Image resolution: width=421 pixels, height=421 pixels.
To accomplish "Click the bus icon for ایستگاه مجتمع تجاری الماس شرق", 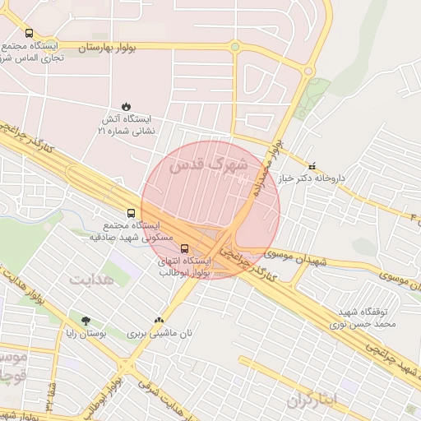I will point(30,34).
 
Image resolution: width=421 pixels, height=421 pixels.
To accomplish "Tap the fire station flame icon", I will point(125,105).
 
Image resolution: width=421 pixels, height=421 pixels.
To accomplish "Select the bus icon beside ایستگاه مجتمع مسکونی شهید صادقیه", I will point(121,211).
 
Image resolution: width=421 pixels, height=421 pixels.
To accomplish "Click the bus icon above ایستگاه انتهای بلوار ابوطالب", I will point(183,247).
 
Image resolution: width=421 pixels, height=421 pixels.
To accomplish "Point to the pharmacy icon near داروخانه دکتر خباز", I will point(311,165).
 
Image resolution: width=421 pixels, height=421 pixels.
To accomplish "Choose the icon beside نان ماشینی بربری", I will point(159,321).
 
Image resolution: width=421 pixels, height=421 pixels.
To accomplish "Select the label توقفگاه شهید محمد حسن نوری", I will point(368,318).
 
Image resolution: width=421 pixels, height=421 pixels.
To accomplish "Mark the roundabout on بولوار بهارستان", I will point(235,47).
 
